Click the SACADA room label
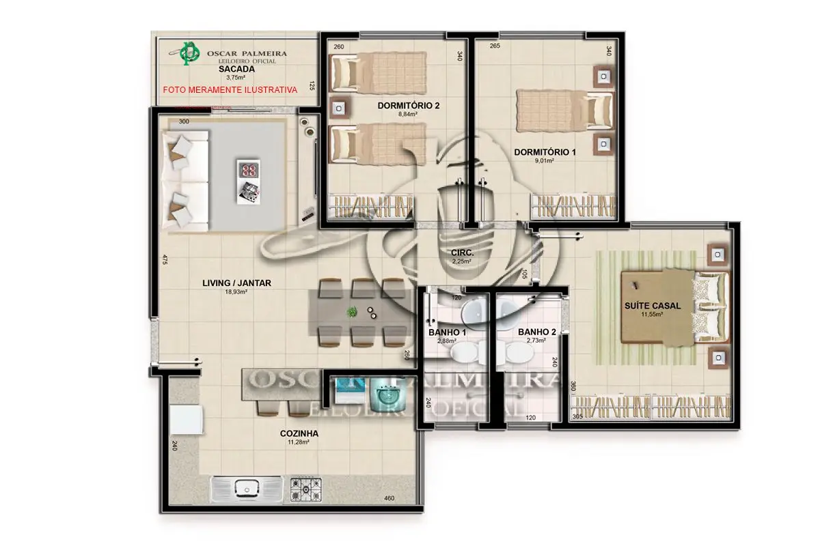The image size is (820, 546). click(x=236, y=69)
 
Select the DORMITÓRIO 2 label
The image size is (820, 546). click(x=407, y=106)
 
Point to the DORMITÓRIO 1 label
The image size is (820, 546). click(x=545, y=152)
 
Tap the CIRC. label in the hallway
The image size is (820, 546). click(x=463, y=253)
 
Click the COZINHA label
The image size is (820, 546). click(x=299, y=433)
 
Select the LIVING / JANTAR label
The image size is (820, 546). click(x=235, y=283)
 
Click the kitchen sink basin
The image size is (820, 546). click(x=245, y=489)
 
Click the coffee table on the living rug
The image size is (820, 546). click(x=247, y=182)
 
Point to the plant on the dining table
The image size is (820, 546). click(x=353, y=312)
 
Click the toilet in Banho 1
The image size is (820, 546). click(x=465, y=354)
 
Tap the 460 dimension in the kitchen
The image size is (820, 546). click(x=389, y=499)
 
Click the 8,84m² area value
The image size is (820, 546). click(x=407, y=115)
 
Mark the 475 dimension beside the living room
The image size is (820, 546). click(x=165, y=260)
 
